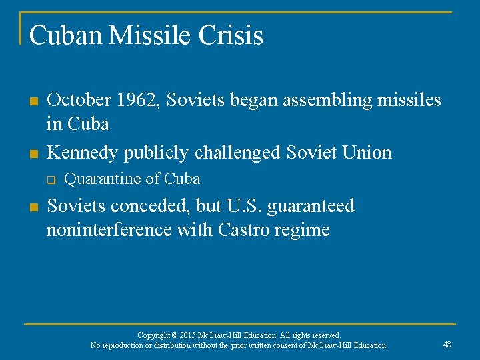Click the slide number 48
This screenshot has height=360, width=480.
point(447,344)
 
